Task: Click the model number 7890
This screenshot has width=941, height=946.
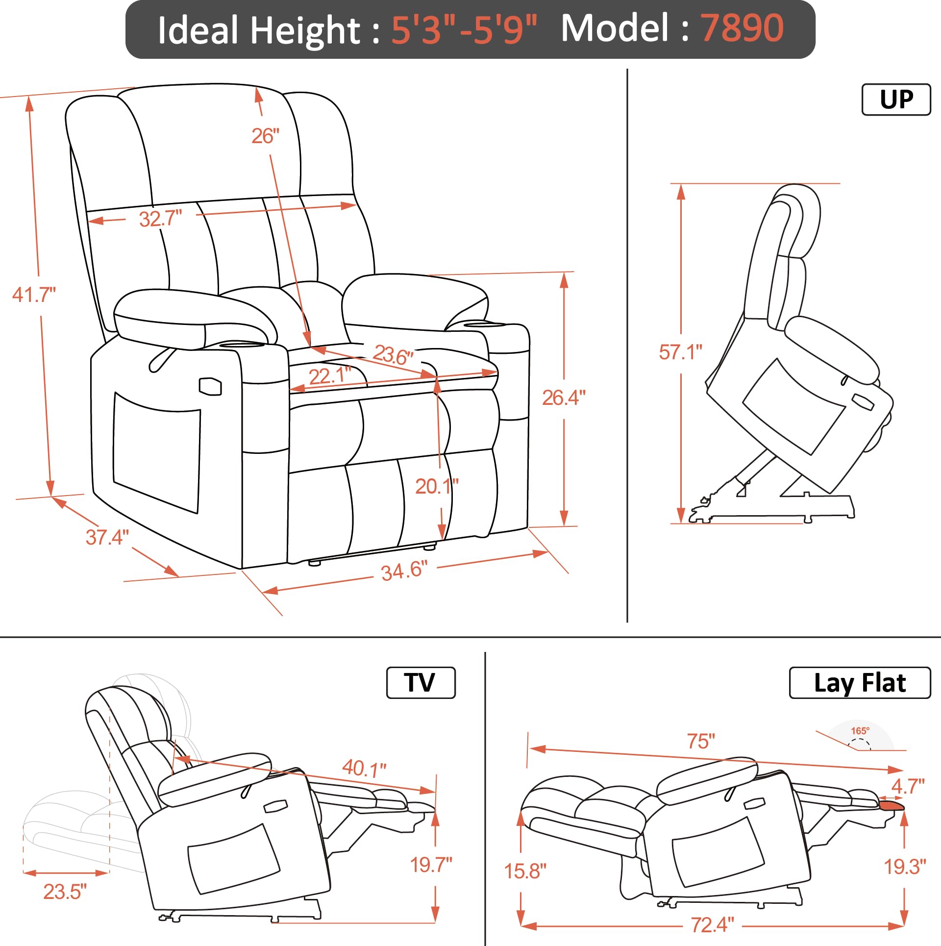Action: pyautogui.click(x=742, y=28)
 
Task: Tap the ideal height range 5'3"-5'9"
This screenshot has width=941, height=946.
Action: pyautogui.click(x=464, y=30)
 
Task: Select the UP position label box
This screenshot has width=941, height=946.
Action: pyautogui.click(x=896, y=100)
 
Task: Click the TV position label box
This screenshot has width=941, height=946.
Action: pyautogui.click(x=421, y=683)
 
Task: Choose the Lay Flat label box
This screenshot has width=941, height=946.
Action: pyautogui.click(x=859, y=683)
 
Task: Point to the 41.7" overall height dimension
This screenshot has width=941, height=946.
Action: pyautogui.click(x=34, y=295)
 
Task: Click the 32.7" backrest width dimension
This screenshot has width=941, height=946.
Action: pyautogui.click(x=160, y=219)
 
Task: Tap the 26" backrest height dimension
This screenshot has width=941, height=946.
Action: pyautogui.click(x=265, y=136)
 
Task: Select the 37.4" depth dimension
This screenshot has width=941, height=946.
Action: pyautogui.click(x=107, y=537)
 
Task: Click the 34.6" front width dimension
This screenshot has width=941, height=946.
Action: pyautogui.click(x=404, y=571)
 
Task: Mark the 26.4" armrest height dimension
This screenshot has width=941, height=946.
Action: pyautogui.click(x=564, y=398)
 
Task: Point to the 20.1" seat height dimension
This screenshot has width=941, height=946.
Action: pyautogui.click(x=436, y=486)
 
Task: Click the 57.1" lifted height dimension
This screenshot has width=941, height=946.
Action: pyautogui.click(x=680, y=352)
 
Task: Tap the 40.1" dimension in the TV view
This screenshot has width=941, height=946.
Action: pyautogui.click(x=364, y=768)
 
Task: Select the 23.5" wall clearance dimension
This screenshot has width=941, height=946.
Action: pyautogui.click(x=65, y=892)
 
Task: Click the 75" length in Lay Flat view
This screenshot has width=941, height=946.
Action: pyautogui.click(x=701, y=741)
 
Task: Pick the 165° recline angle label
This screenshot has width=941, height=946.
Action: pyautogui.click(x=860, y=730)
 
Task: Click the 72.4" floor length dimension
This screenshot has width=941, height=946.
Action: pyautogui.click(x=712, y=925)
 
